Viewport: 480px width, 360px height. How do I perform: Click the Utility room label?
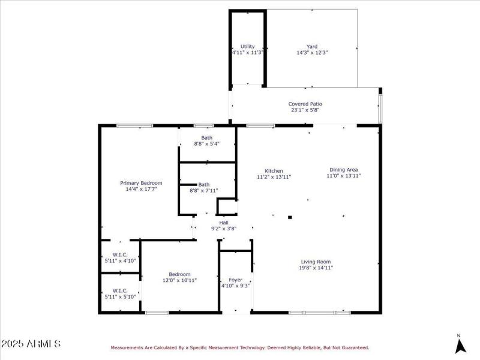[248, 46]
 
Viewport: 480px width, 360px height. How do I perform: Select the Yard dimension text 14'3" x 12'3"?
[312, 53]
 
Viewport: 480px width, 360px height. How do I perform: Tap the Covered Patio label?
[305, 104]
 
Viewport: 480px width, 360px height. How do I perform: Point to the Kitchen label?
[269, 171]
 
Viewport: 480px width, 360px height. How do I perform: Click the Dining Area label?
[344, 169]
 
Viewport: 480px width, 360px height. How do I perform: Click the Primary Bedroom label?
[141, 183]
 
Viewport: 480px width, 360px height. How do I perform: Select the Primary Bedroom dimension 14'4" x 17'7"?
[141, 190]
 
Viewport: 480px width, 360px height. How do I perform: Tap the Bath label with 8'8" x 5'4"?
[206, 137]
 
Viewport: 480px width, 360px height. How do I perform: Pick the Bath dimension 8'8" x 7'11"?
[204, 191]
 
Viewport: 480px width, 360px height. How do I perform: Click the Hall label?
[223, 223]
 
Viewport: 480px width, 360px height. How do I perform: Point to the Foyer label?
[236, 280]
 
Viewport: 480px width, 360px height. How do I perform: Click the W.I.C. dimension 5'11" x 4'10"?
[120, 260]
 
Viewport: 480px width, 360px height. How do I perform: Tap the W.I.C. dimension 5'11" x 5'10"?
[120, 296]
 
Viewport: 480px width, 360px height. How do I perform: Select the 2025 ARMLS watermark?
[31, 344]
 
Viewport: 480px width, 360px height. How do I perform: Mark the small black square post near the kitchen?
[290, 217]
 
